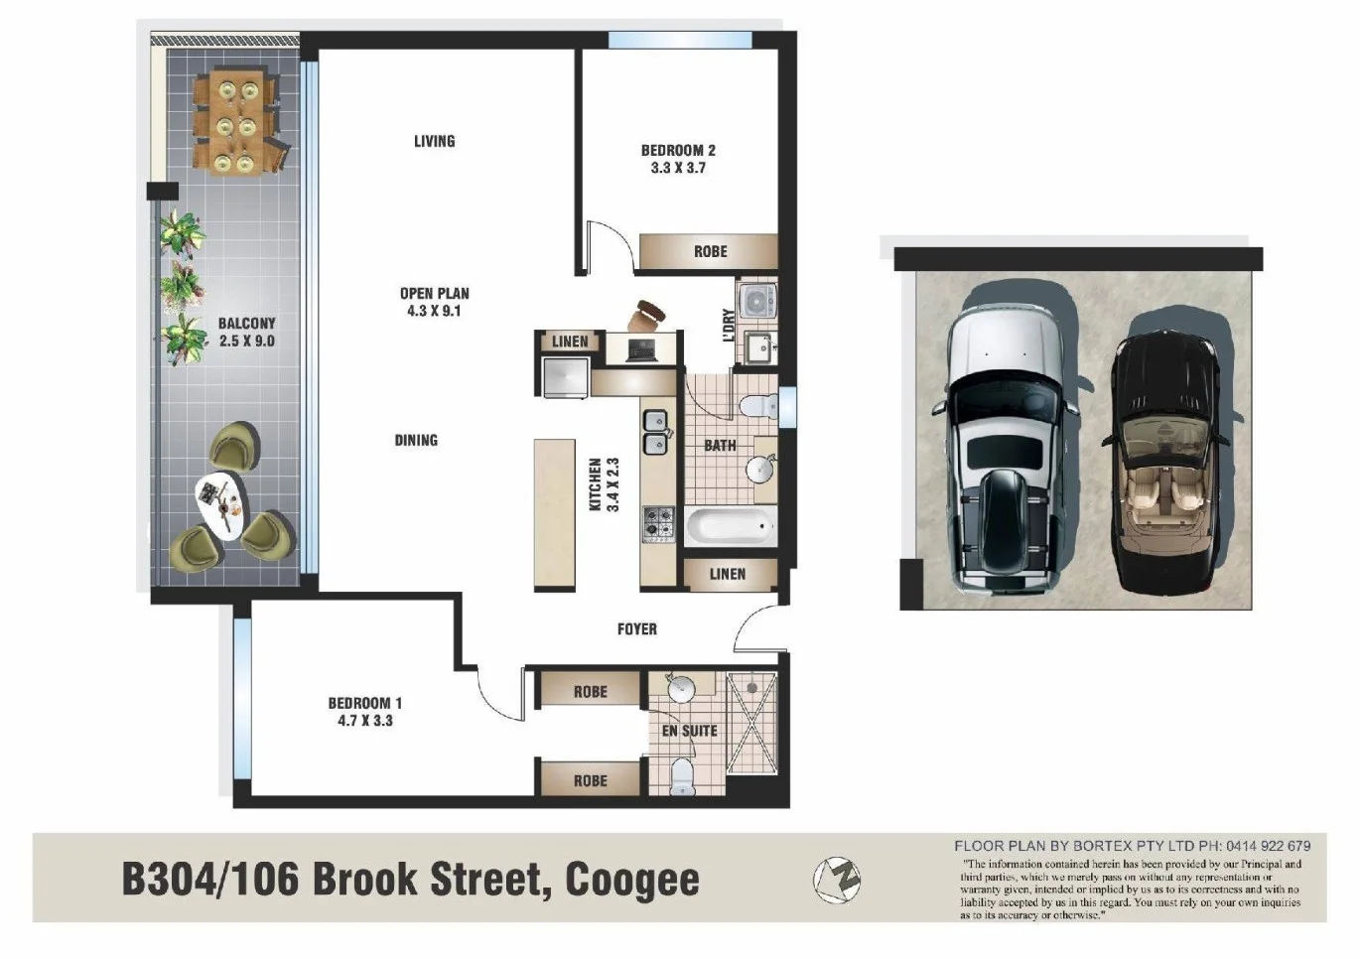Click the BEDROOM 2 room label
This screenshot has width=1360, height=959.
coord(678,159)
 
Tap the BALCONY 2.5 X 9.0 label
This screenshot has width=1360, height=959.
coord(246,332)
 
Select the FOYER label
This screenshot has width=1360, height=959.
coord(636,628)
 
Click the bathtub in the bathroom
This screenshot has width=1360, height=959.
coord(730,525)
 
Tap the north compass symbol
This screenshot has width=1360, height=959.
coord(837,879)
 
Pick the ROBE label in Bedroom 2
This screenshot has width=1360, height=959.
coord(710,251)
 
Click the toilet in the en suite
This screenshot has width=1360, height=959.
coord(682,776)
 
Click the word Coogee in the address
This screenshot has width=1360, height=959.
coord(632,880)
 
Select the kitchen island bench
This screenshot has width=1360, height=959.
coord(555,514)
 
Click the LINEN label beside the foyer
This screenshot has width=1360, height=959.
coord(727,574)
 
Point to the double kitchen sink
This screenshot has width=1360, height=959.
coord(655,432)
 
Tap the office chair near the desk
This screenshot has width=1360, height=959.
coord(649,315)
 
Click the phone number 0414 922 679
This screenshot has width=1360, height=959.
coord(1268,846)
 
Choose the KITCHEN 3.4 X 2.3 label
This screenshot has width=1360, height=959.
coord(604,484)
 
